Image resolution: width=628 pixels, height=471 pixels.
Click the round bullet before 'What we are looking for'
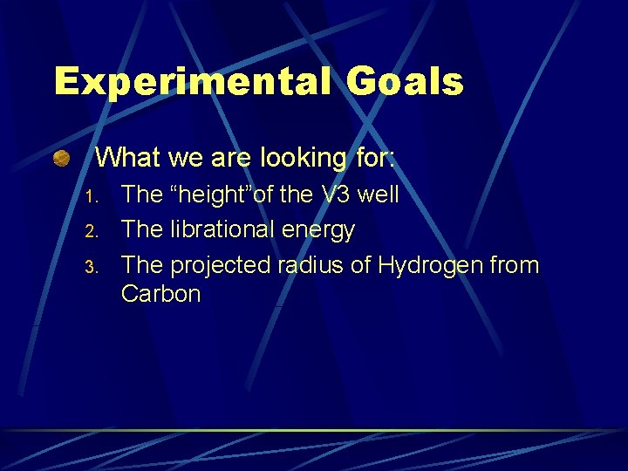click(61, 158)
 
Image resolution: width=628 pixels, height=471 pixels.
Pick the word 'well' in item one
click(379, 195)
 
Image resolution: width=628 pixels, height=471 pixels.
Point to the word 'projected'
click(220, 266)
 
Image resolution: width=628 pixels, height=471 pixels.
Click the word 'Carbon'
click(161, 294)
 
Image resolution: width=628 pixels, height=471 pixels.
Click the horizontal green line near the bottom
click(314, 430)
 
